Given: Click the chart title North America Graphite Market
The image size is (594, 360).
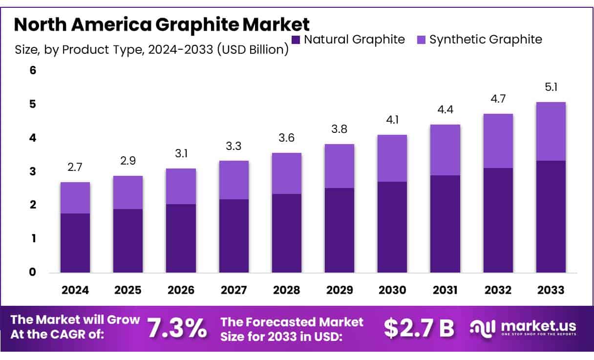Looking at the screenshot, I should tap(162, 24).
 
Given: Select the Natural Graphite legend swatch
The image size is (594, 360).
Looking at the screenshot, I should tap(295, 40).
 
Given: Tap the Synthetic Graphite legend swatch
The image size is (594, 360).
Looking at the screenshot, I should tap(421, 40).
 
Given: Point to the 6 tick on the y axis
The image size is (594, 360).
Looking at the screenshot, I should tap(33, 70).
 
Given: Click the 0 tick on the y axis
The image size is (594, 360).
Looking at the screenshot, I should tap(33, 272).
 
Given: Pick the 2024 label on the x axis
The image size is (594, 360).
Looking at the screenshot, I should tap(75, 290).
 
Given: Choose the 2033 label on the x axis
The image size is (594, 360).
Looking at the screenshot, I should tap(551, 290).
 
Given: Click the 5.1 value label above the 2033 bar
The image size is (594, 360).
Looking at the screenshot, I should tap(551, 88).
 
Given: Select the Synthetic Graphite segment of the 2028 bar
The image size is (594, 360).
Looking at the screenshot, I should tap(286, 173).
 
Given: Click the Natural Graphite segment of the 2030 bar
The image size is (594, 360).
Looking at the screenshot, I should tap(392, 227).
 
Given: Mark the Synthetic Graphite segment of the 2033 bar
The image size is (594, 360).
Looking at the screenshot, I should tap(551, 131).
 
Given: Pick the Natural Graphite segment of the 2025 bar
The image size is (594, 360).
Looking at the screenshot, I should tap(128, 241).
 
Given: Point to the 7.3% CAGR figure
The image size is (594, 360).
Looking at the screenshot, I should tap(177, 328).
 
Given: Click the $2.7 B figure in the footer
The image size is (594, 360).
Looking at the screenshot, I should tap(419, 328).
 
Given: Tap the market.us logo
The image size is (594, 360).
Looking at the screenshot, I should tap(523, 327).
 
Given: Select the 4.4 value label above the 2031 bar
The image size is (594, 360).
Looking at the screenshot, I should tap(445, 110).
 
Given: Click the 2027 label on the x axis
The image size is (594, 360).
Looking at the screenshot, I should tap(233, 290).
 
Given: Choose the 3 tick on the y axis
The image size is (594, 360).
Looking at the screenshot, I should tap(33, 171).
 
